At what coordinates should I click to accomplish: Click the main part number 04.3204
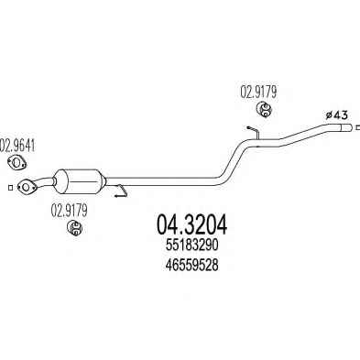click(191, 224)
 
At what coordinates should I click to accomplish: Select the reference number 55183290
click(191, 245)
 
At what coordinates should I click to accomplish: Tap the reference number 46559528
click(191, 265)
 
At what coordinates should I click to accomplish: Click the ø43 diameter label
click(336, 115)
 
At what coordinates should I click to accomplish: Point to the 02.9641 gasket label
click(17, 146)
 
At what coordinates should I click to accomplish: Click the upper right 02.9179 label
click(258, 92)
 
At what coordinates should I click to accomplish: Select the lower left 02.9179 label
click(70, 211)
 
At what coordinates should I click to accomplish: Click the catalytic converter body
click(79, 180)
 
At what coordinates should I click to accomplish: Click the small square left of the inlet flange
click(10, 188)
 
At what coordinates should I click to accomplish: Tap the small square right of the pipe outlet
click(357, 127)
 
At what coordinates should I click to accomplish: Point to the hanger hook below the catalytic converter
click(122, 191)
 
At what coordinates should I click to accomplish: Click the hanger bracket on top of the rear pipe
click(253, 132)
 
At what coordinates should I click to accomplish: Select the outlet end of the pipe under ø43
click(345, 127)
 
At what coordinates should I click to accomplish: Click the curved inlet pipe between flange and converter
click(44, 182)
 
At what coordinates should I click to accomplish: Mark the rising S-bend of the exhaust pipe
click(234, 159)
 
